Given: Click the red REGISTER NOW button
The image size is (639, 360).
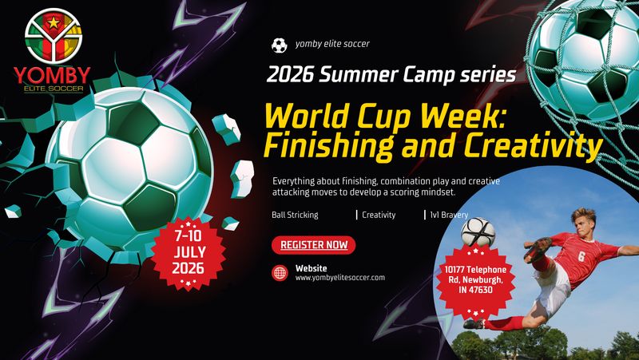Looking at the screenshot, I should point(313,245).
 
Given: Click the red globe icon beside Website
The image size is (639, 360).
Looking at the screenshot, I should point(280,272).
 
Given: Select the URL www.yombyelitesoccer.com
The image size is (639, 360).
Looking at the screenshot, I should point(340,278).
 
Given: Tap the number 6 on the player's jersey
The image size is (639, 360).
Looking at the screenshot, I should point(581,257).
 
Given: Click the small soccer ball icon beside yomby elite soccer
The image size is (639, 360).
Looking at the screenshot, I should point(279,45).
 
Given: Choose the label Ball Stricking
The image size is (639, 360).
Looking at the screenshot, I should point(295,215).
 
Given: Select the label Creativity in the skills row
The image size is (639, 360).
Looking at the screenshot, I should point(379,215).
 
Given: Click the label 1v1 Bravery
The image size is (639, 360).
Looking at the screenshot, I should point(449,215).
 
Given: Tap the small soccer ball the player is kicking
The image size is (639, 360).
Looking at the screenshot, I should point(478,231).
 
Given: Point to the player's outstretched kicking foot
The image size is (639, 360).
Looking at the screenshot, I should point(541,246).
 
